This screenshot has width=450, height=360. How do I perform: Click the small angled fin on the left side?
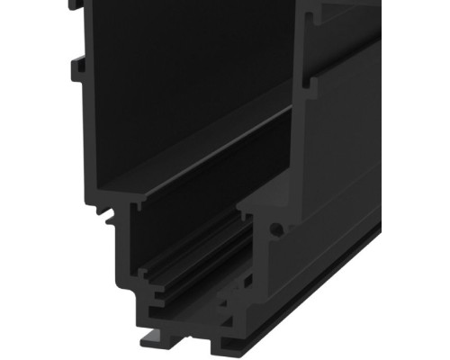click(110, 216)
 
